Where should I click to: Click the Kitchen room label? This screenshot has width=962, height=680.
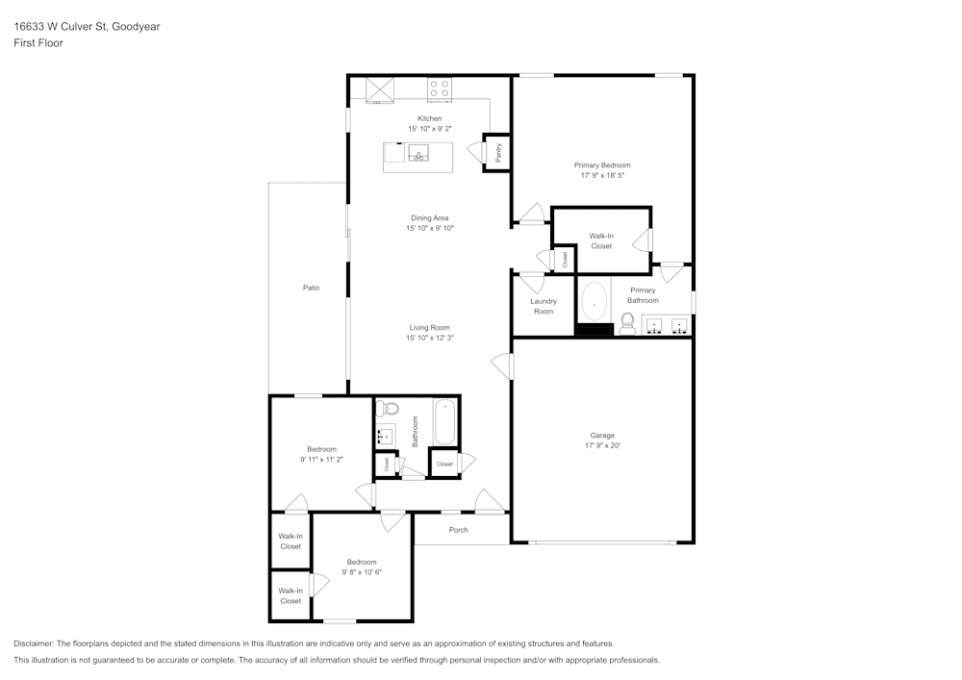429,118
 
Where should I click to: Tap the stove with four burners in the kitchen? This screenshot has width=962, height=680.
440,88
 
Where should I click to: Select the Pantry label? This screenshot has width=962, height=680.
497,151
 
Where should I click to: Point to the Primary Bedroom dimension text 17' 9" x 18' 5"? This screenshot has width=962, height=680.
602,175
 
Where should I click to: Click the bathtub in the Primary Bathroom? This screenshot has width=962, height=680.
595,302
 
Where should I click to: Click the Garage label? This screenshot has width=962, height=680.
602,435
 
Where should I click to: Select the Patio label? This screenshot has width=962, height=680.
311,288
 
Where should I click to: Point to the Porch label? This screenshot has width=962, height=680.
459,529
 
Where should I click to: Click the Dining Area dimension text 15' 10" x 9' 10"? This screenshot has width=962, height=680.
429,228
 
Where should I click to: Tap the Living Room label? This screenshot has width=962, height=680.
429,327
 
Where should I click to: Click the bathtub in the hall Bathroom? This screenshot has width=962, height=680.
444,421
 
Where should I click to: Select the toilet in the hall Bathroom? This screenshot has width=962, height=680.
384,409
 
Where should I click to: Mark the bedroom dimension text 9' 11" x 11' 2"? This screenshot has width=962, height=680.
321,460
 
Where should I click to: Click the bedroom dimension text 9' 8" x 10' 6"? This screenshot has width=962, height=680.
362,572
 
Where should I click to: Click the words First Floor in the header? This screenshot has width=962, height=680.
38,43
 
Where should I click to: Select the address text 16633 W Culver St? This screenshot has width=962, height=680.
59,27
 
